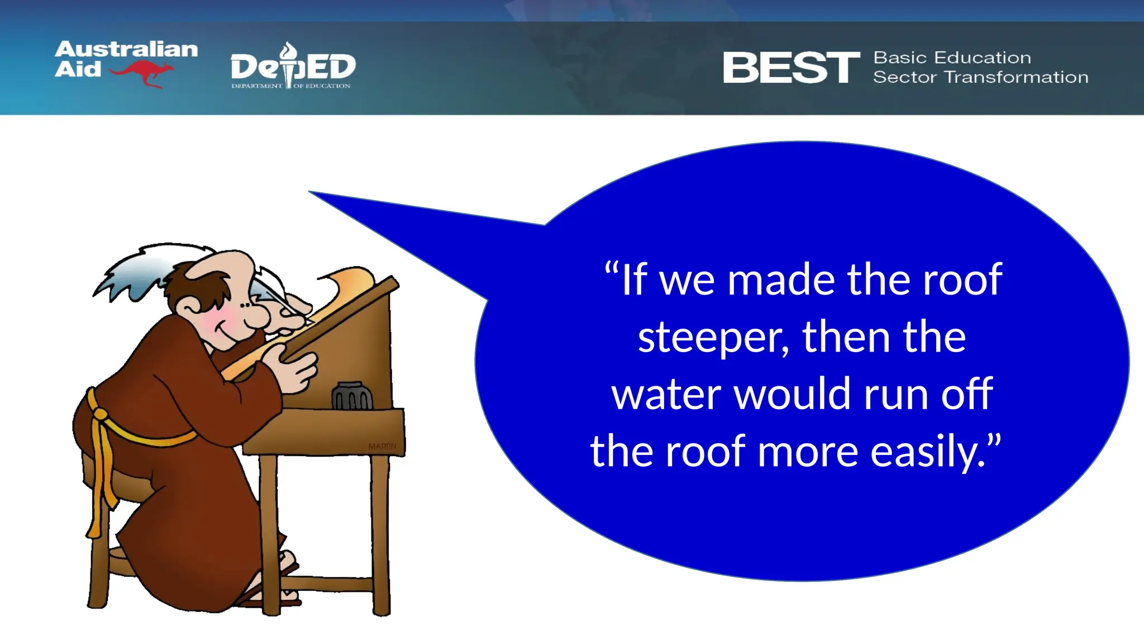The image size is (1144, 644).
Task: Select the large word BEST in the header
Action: tap(791, 68)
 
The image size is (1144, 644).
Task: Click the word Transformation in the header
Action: tap(1016, 77)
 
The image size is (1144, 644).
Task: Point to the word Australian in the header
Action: tap(126, 49)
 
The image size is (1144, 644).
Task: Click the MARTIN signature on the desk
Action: tap(382, 446)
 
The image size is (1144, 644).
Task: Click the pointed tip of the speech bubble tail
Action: tap(311, 192)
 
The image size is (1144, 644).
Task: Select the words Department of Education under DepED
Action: tap(290, 86)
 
